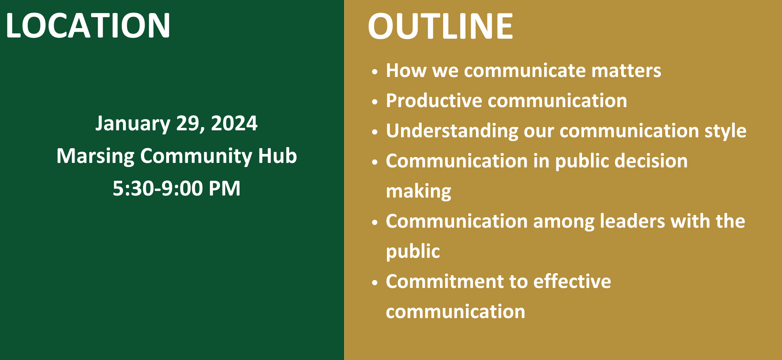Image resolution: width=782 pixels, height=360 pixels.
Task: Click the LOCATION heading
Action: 88,26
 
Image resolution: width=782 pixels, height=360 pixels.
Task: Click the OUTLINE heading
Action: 440,26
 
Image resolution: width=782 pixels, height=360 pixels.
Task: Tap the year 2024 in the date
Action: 234,123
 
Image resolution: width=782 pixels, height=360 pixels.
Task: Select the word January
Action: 133,124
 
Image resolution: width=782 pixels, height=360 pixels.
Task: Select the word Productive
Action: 434,101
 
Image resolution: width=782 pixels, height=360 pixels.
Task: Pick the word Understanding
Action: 452,131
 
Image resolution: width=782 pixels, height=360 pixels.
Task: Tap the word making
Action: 418,191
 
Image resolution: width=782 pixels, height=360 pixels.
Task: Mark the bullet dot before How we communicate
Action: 375,72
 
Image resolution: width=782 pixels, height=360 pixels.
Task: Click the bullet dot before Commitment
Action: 375,283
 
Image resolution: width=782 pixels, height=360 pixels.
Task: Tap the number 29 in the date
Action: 188,123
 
